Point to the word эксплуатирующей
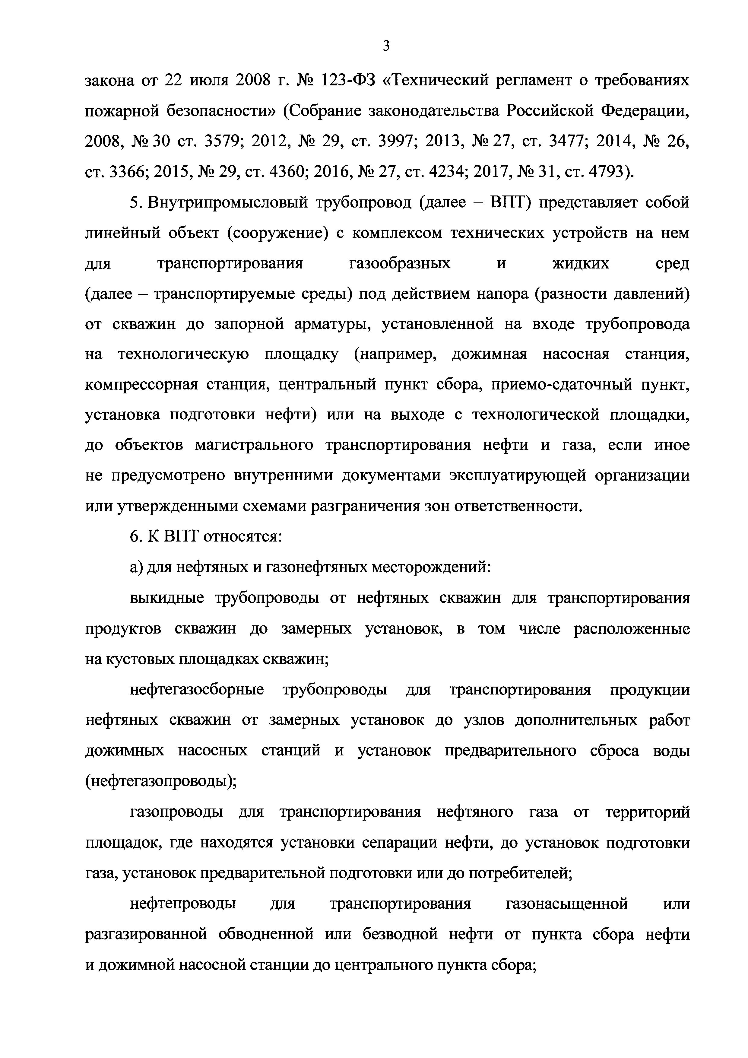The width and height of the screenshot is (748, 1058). [518, 475]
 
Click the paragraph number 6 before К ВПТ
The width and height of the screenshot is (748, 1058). [134, 536]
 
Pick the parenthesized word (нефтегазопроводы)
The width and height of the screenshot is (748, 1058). [161, 780]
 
